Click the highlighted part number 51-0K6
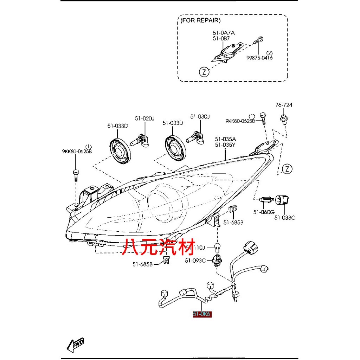[202, 314]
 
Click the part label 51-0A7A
[224, 33]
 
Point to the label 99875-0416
[259, 58]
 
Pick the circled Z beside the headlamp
[287, 169]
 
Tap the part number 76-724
[284, 105]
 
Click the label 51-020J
[145, 118]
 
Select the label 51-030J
[200, 116]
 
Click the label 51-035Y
[225, 144]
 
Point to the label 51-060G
[264, 212]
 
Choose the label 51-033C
[285, 218]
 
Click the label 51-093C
[195, 261]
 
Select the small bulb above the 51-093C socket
[218, 247]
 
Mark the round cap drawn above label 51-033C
[282, 200]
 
